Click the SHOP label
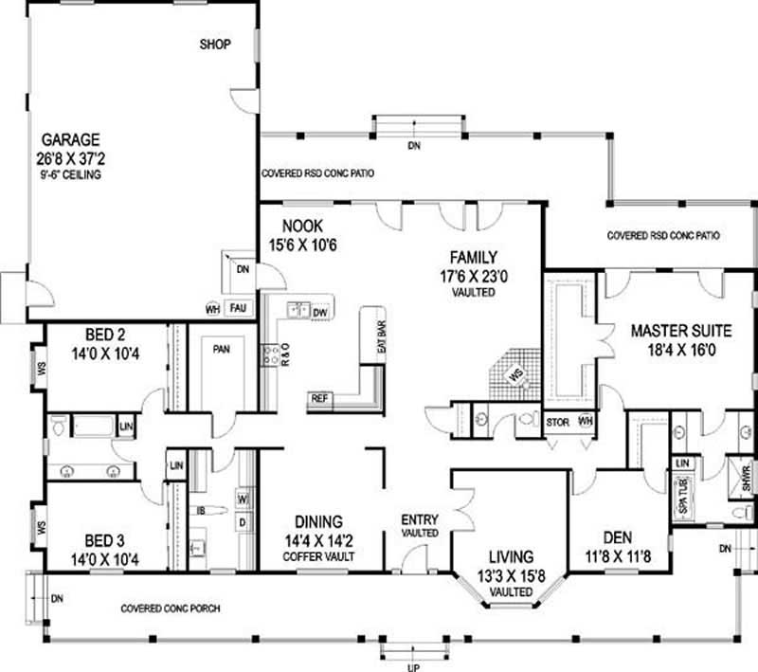click(x=215, y=45)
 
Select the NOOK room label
click(x=302, y=227)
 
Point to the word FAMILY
click(x=475, y=257)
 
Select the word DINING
click(x=318, y=521)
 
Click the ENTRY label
click(x=419, y=519)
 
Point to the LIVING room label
click(x=511, y=556)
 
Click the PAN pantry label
click(x=222, y=350)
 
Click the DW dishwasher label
click(x=320, y=311)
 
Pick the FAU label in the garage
click(x=238, y=309)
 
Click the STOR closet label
click(x=558, y=422)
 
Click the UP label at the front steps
click(x=413, y=665)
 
